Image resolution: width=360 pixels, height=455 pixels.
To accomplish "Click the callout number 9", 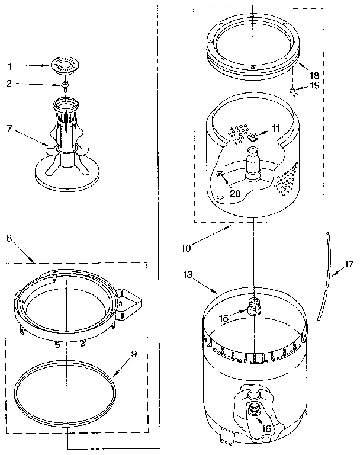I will coord(134,354).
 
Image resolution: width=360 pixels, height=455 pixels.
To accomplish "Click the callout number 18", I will coord(314,76).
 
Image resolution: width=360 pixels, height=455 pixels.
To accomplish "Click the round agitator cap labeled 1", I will coord(66,64).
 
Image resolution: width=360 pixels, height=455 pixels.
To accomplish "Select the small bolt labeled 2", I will coord(66,83).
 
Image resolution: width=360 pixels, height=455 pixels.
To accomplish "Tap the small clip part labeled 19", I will coord(292,91).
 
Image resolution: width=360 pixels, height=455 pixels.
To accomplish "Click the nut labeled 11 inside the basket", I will coord(253,137).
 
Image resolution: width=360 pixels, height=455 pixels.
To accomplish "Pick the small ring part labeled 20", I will coord(220,174).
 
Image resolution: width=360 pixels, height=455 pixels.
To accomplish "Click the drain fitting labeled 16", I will coord(255,408).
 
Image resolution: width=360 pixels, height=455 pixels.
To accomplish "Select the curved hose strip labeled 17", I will coord(323,278).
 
